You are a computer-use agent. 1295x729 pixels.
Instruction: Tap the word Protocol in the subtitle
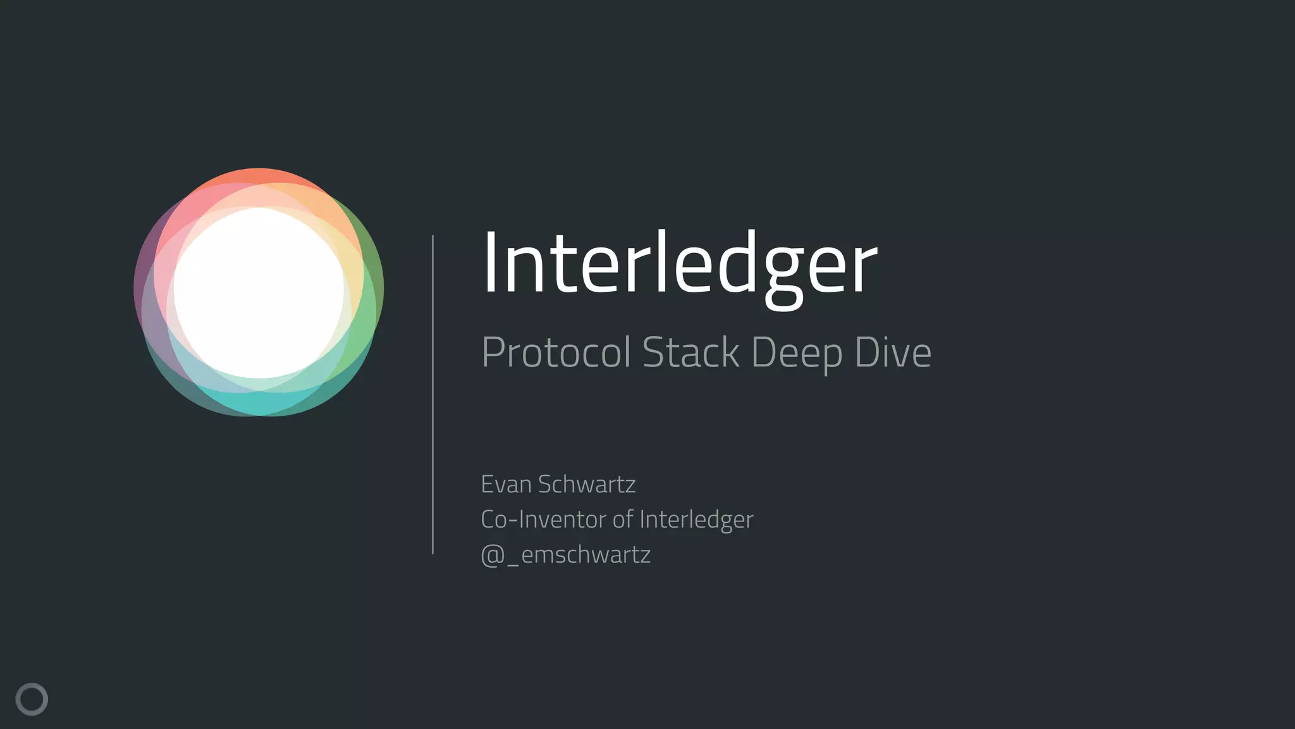click(556, 352)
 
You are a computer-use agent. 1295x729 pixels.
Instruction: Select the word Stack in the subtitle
click(690, 352)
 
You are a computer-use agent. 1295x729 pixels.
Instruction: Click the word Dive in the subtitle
click(893, 352)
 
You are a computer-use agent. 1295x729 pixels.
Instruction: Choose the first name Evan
click(506, 484)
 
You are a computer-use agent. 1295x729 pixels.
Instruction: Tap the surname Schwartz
click(587, 484)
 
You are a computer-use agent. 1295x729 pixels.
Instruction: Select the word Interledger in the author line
click(696, 520)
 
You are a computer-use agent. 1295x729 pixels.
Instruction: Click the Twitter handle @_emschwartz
click(565, 555)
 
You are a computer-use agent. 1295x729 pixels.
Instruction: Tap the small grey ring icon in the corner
click(32, 699)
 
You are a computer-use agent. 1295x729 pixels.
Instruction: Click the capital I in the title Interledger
click(489, 262)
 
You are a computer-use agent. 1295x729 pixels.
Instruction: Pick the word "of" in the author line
click(622, 520)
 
